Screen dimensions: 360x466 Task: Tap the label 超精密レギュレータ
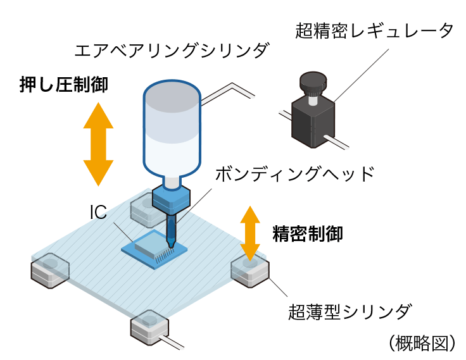374,30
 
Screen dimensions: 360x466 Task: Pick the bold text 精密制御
308,234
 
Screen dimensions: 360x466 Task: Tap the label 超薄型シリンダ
350,311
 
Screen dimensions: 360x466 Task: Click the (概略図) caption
422,342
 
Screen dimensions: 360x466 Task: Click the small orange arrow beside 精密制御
250,233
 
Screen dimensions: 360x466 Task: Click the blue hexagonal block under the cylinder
172,200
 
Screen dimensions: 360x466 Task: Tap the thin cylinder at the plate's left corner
49,270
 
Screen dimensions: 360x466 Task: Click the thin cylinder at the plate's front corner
151,326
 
